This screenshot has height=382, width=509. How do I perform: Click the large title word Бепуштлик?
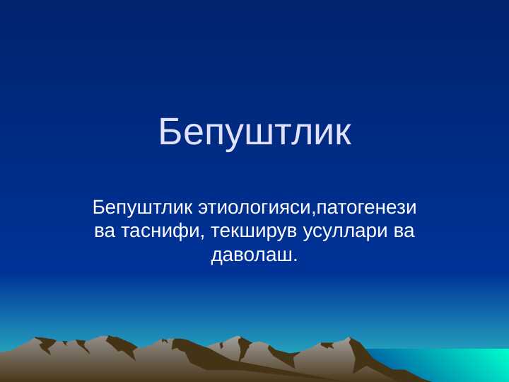255,132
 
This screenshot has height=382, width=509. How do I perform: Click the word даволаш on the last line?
251,254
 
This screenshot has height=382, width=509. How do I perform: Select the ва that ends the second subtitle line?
404,231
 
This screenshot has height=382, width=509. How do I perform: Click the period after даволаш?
296,259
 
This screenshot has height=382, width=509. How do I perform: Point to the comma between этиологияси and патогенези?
313,214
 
